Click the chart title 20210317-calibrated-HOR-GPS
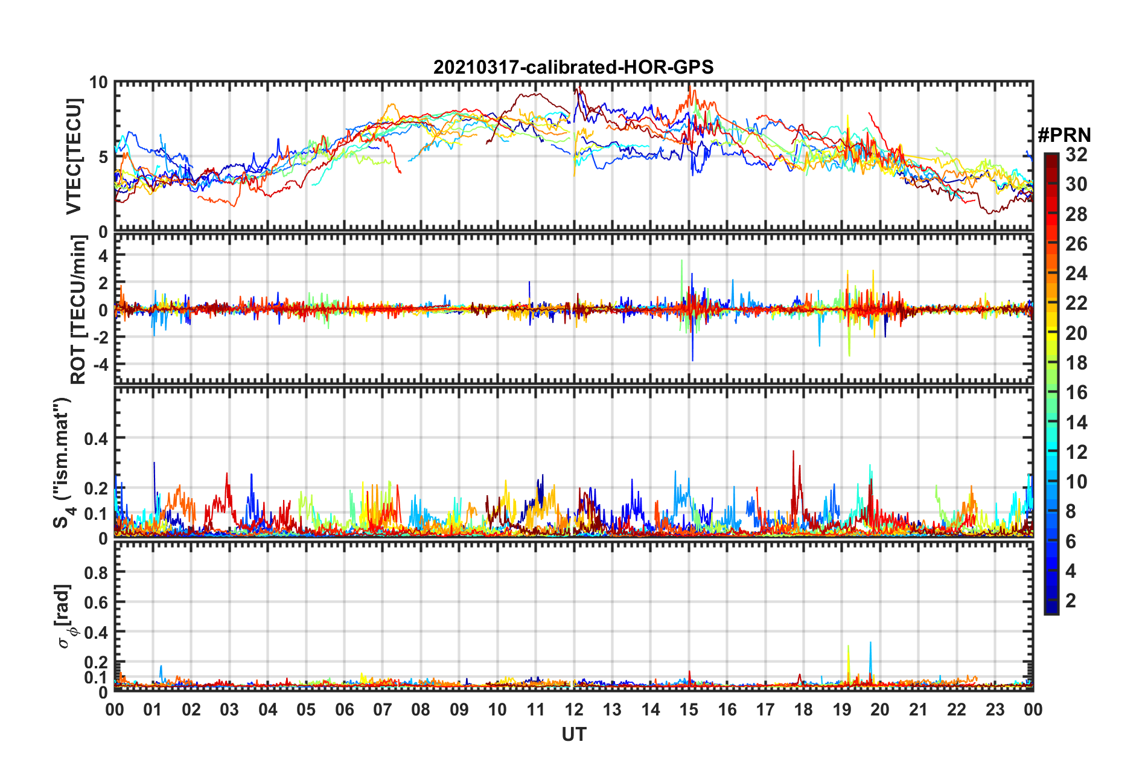pyautogui.click(x=573, y=67)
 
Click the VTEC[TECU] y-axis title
pyautogui.click(x=74, y=157)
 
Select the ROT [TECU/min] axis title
pyautogui.click(x=78, y=309)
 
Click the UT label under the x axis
pyautogui.click(x=573, y=735)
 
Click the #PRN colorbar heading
pyautogui.click(x=1064, y=135)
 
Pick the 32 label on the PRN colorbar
pyautogui.click(x=1076, y=155)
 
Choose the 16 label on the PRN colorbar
pyautogui.click(x=1076, y=392)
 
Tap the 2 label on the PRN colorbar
pyautogui.click(x=1071, y=600)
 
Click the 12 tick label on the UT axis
pyautogui.click(x=574, y=709)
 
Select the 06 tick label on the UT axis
pyautogui.click(x=345, y=709)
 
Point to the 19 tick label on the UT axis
pyautogui.click(x=842, y=709)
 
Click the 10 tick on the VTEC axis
pyautogui.click(x=98, y=83)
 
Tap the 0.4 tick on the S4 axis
pyautogui.click(x=95, y=438)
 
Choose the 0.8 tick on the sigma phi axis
pyautogui.click(x=95, y=572)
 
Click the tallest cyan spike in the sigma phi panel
pyautogui.click(x=870, y=644)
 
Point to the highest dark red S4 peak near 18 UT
pyautogui.click(x=794, y=452)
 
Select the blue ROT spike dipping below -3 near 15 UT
pyautogui.click(x=692, y=360)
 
